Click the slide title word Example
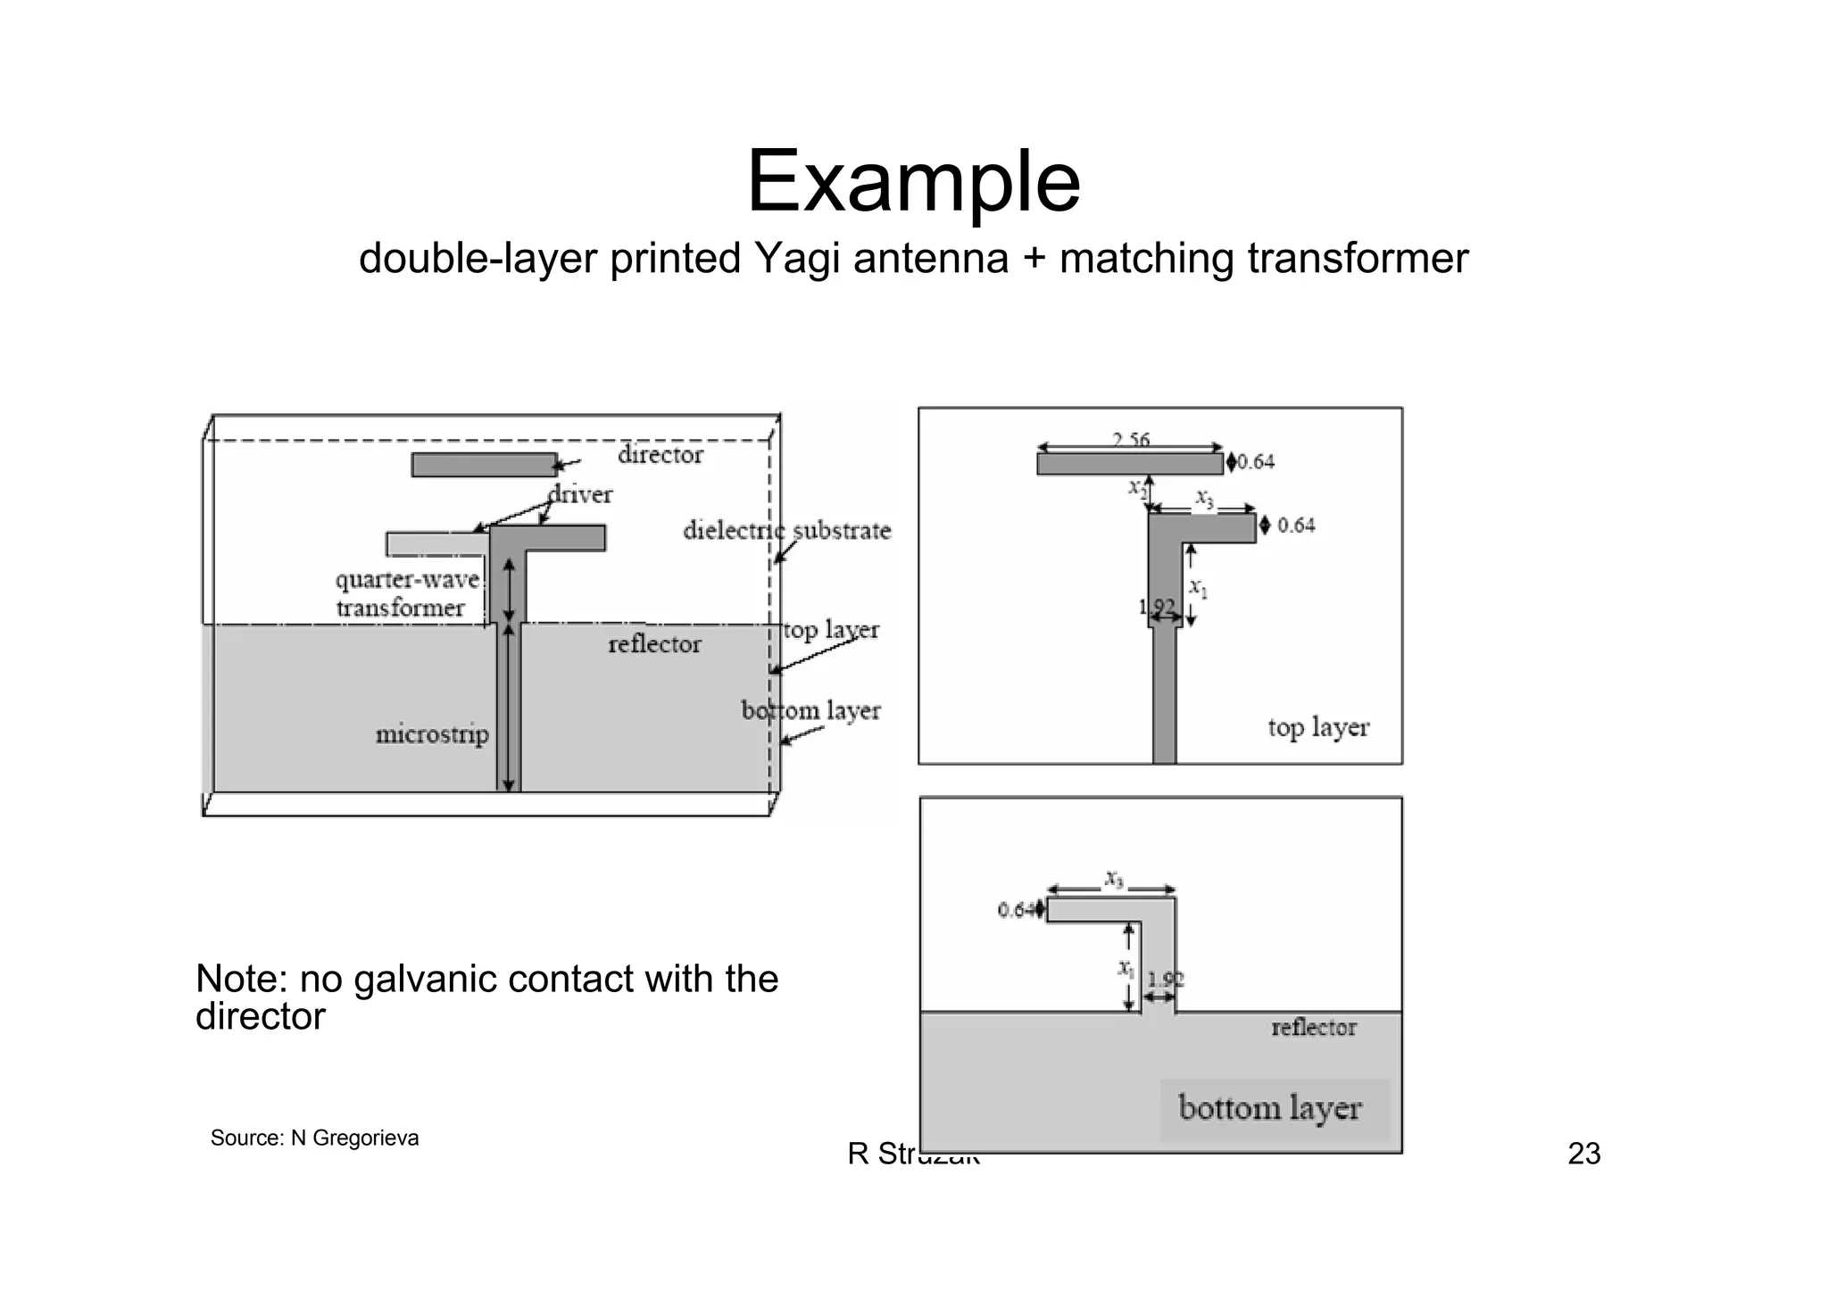click(x=912, y=182)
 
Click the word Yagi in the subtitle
click(x=796, y=259)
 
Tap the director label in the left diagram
click(x=660, y=455)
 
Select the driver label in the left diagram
click(x=580, y=494)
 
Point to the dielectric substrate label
click(x=786, y=531)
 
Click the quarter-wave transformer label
click(x=406, y=594)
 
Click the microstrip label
click(x=432, y=734)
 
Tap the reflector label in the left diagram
click(x=654, y=644)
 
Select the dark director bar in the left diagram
click(x=484, y=465)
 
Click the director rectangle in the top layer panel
click(x=1129, y=464)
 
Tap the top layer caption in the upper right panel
click(x=1317, y=727)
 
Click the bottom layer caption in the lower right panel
click(x=1269, y=1108)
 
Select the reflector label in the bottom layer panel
click(x=1313, y=1028)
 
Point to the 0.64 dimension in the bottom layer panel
click(x=1014, y=910)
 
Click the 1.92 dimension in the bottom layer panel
click(x=1165, y=980)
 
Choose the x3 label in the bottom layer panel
click(x=1113, y=878)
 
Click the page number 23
click(x=1583, y=1154)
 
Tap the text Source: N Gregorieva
click(x=314, y=1138)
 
